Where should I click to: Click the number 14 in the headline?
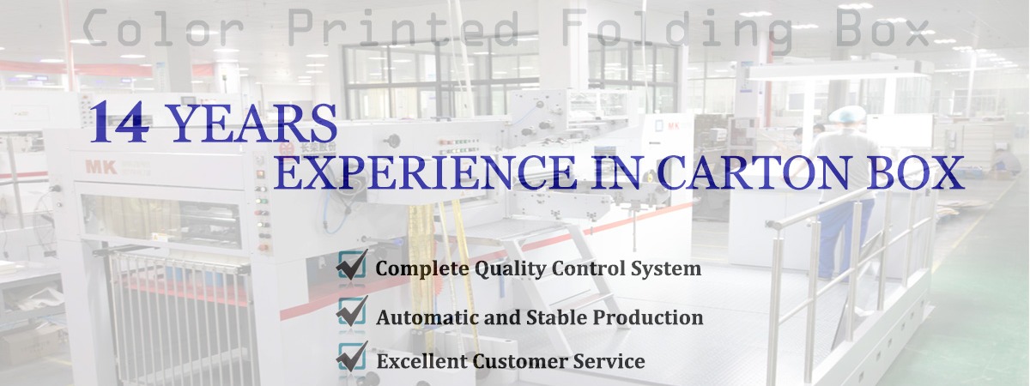pyautogui.click(x=119, y=122)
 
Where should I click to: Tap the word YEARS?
pyautogui.click(x=253, y=124)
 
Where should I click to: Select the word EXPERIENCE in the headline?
pyautogui.click(x=426, y=172)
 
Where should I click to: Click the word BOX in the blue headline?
pyautogui.click(x=915, y=172)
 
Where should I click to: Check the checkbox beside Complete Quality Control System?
pyautogui.click(x=352, y=265)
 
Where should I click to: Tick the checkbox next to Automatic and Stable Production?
pyautogui.click(x=352, y=311)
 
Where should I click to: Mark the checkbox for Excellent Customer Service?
pyautogui.click(x=352, y=357)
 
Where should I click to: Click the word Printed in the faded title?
pyautogui.click(x=403, y=28)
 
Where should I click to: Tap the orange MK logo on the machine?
pyautogui.click(x=101, y=167)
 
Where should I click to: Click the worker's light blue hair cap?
pyautogui.click(x=847, y=114)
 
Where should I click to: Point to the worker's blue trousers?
pyautogui.click(x=845, y=238)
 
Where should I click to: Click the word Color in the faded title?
pyautogui.click(x=163, y=28)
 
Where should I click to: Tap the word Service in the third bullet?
pyautogui.click(x=609, y=361)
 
